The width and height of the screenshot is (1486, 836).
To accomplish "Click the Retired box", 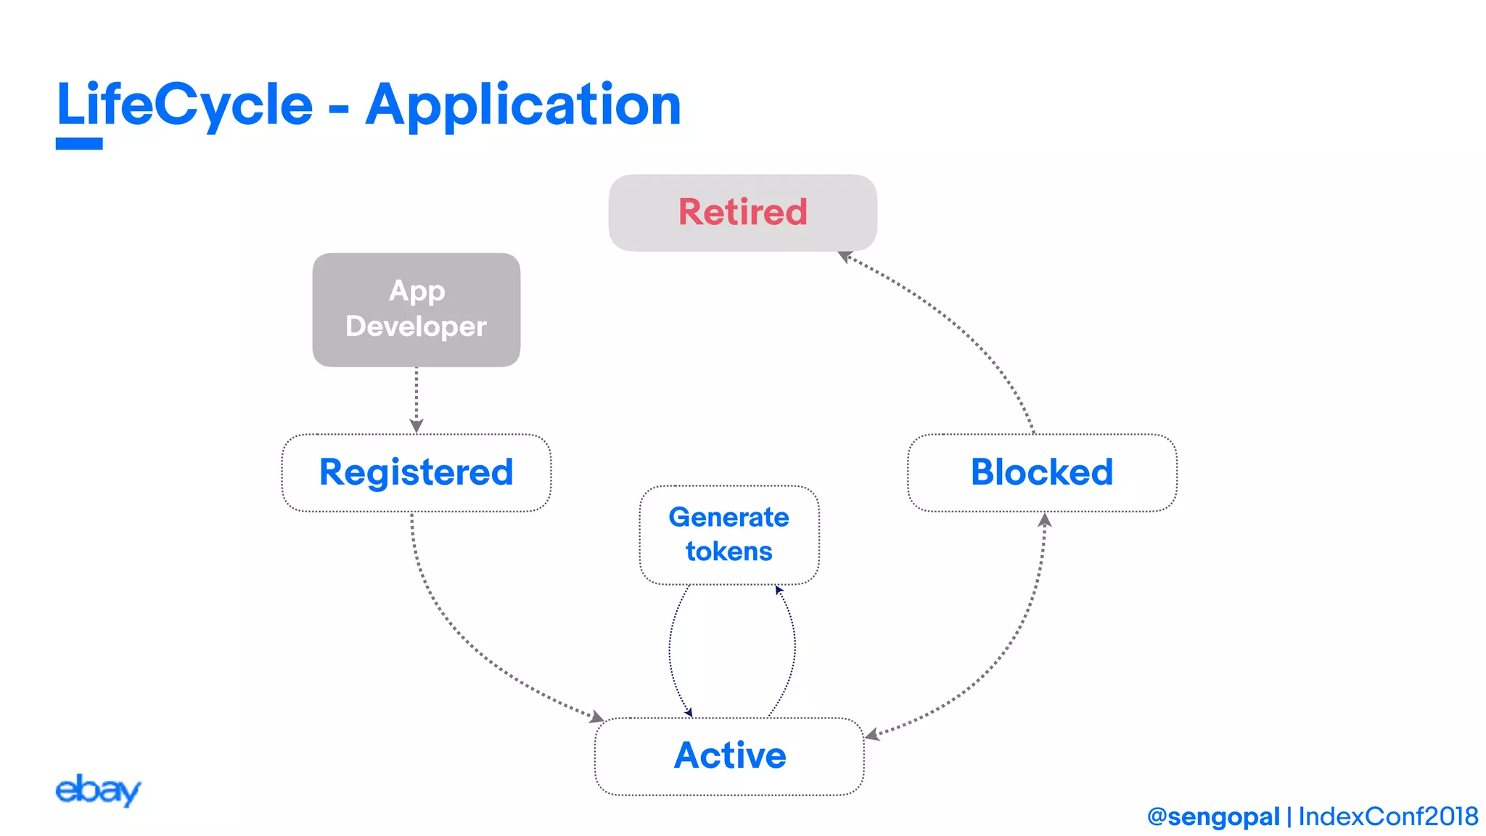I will coord(742,213).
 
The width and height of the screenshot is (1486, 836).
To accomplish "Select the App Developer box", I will coord(416,309).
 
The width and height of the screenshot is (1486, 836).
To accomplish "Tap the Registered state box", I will coord(416,472).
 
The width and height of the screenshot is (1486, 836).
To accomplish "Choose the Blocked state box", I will coord(1042,472).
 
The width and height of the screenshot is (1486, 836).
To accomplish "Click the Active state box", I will coord(729,755).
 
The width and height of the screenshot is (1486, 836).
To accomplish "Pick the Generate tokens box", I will coord(729,535).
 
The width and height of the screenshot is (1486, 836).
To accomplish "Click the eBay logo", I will coord(97,790).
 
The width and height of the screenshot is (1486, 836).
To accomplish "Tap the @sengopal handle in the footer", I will coord(1213,816).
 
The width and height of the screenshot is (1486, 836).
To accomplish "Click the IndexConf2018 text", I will coord(1388,816).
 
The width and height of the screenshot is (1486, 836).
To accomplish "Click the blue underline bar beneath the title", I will coord(79,144).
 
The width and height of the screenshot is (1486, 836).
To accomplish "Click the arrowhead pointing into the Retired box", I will coord(845,256).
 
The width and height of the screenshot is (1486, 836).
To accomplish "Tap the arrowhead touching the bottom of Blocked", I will coord(1045,520).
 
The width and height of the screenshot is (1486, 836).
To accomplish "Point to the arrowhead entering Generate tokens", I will coord(779,591).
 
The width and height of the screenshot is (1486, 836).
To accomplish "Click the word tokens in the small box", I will coord(729,552).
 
